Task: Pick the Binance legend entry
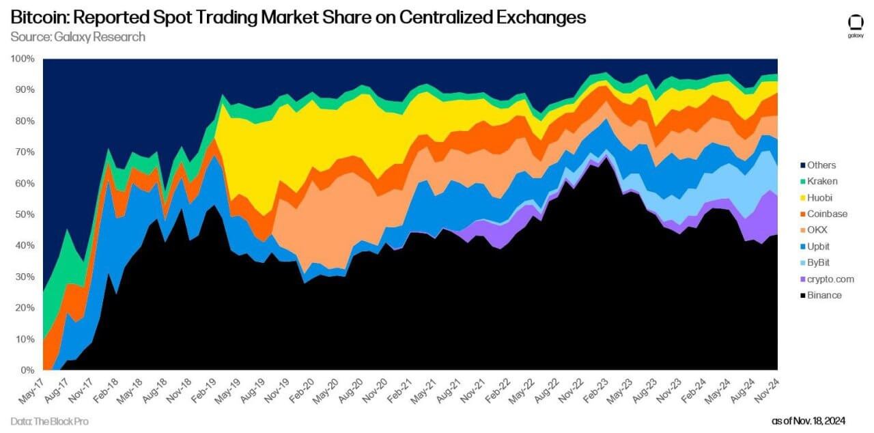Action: point(823,295)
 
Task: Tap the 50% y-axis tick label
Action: point(25,214)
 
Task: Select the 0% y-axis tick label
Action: point(27,370)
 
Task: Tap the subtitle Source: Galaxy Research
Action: point(78,37)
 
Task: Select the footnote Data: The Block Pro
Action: point(49,421)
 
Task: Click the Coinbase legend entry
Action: point(827,214)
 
